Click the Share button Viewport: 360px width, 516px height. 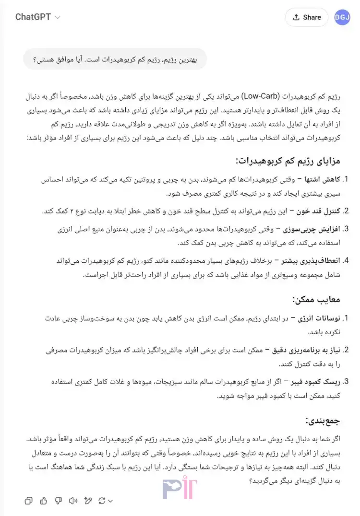pyautogui.click(x=306, y=17)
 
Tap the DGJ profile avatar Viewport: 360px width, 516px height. pyautogui.click(x=342, y=17)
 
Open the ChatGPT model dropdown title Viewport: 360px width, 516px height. pyautogui.click(x=37, y=17)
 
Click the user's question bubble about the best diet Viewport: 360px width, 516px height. pyautogui.click(x=115, y=59)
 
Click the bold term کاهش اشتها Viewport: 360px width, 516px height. pyautogui.click(x=322, y=179)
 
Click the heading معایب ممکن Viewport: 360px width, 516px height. pyautogui.click(x=316, y=299)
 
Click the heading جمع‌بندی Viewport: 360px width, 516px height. pyautogui.click(x=323, y=421)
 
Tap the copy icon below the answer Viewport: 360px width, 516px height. pyautogui.click(x=29, y=501)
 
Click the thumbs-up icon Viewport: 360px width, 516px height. pyautogui.click(x=44, y=501)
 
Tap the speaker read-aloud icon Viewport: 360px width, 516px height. pyautogui.click(x=73, y=501)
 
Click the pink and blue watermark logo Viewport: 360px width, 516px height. pyautogui.click(x=180, y=489)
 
